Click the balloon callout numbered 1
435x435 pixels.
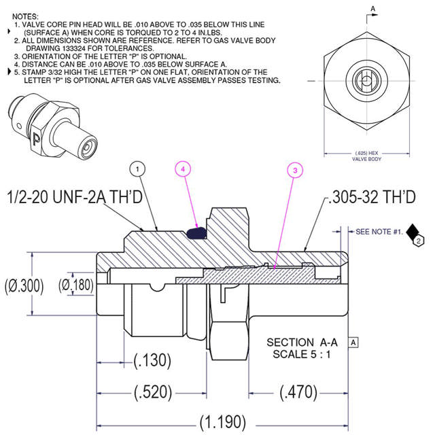(x=138, y=168)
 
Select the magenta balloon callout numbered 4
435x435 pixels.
(x=184, y=168)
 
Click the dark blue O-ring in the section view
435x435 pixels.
(x=197, y=232)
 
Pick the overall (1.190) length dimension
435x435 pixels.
(x=223, y=421)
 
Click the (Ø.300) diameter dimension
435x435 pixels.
(x=22, y=285)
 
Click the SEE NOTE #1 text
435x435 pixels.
(x=379, y=232)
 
